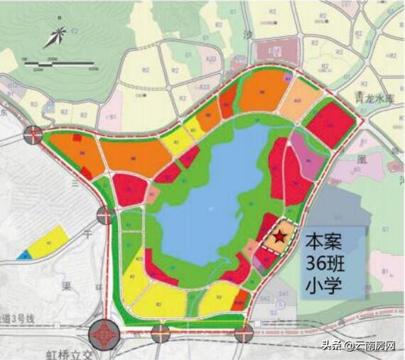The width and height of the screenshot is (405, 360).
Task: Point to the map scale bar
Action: [x=60, y=65]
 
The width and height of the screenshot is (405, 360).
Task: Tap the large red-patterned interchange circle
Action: [x=107, y=334]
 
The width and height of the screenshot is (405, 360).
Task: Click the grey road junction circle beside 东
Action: [x=33, y=133]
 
